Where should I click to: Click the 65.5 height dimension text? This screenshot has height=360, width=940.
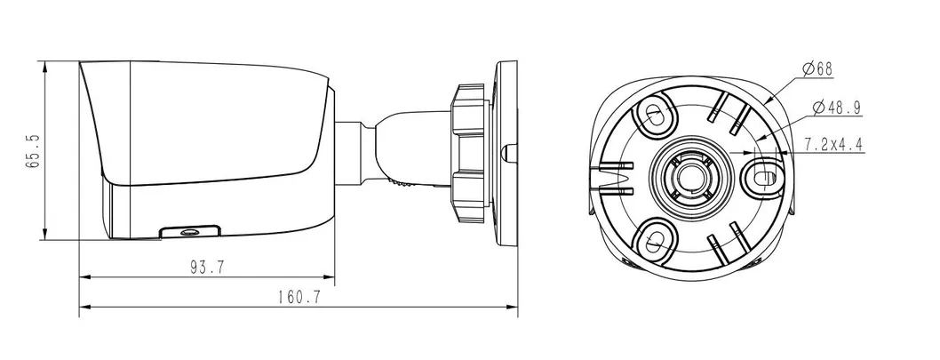click(33, 150)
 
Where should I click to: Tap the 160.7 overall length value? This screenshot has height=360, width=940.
click(298, 298)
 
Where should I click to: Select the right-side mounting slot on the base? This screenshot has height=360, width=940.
click(761, 175)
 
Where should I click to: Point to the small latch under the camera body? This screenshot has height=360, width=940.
click(188, 232)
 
